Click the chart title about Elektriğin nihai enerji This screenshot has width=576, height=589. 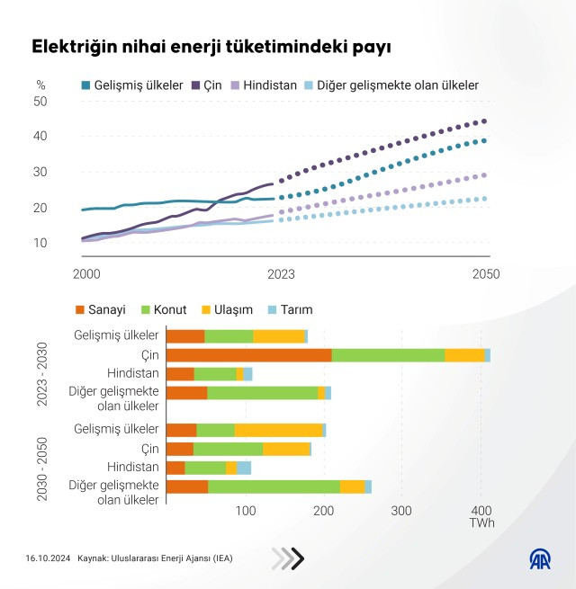click(x=211, y=47)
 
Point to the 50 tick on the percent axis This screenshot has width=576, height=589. click(x=40, y=101)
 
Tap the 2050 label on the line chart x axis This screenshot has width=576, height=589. click(x=485, y=273)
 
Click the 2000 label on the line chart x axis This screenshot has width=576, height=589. click(x=86, y=273)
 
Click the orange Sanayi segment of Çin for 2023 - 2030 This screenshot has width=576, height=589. click(x=248, y=355)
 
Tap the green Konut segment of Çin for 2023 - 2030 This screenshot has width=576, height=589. click(x=388, y=355)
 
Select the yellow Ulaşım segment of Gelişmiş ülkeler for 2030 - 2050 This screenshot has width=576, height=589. click(x=278, y=430)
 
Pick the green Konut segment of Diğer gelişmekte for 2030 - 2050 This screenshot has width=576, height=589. click(x=274, y=486)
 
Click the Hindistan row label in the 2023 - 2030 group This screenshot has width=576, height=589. click(x=132, y=373)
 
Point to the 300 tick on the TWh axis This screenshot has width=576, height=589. click(x=401, y=511)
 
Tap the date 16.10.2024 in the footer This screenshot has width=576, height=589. click(x=46, y=558)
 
